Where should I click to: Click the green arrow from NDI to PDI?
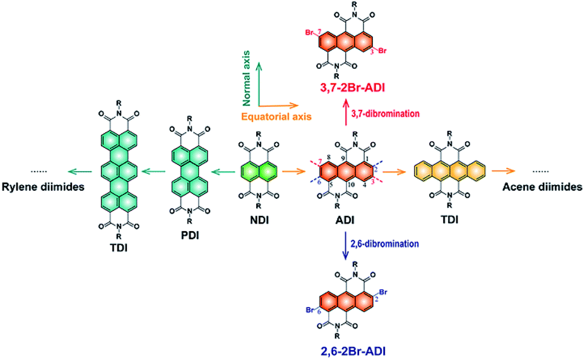click(222, 171)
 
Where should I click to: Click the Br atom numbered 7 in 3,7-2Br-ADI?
click(314, 31)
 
